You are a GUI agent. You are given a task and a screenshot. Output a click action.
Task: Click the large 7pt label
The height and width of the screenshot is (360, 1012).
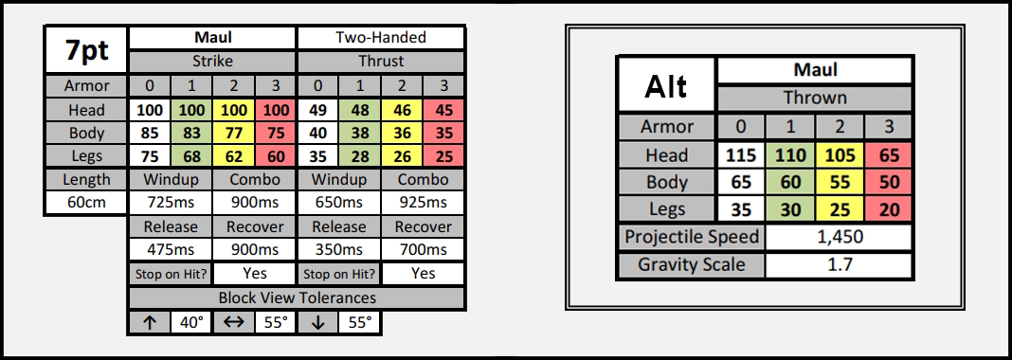coord(87,50)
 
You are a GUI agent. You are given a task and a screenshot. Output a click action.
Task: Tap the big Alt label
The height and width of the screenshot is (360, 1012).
coord(667,86)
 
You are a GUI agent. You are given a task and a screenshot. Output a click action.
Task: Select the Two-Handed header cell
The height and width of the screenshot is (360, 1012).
coord(381,37)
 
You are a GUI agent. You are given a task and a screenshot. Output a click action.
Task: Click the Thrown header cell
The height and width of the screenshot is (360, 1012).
coord(815,98)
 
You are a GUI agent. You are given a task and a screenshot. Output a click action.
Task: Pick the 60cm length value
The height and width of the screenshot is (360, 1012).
coord(87,203)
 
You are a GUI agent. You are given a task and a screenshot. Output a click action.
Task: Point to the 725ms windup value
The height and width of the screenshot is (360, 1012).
coord(170,203)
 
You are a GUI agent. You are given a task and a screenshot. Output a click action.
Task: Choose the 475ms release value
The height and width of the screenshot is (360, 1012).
coord(170,250)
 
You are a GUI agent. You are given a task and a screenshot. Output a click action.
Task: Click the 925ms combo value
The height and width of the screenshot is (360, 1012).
coord(423,203)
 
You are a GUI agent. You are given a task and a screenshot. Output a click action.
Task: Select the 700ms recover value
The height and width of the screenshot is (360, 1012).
coord(423,250)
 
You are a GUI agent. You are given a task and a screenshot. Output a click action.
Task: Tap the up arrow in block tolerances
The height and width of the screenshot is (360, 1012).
coord(150,323)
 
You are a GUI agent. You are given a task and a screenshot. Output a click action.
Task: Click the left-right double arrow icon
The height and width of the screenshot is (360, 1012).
coord(233,323)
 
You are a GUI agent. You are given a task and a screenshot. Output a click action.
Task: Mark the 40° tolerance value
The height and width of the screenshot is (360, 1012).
coord(191,323)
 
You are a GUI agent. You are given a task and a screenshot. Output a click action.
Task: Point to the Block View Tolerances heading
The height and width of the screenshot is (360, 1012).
coord(297,297)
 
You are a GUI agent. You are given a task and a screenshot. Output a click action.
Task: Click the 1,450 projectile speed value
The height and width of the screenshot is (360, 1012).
coord(839,237)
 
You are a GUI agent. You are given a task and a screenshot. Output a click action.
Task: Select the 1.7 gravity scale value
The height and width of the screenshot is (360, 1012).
coord(839,264)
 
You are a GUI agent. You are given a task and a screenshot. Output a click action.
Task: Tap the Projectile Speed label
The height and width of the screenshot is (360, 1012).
coord(691,237)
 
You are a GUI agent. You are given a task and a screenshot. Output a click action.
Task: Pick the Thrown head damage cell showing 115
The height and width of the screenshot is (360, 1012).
coord(741,155)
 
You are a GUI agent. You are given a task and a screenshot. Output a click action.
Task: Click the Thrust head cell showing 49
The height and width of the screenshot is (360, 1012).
coord(317,110)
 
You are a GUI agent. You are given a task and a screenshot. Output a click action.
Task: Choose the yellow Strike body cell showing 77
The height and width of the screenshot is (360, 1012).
coord(234,134)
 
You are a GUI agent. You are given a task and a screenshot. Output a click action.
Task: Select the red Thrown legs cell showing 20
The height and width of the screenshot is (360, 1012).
coord(889,209)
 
